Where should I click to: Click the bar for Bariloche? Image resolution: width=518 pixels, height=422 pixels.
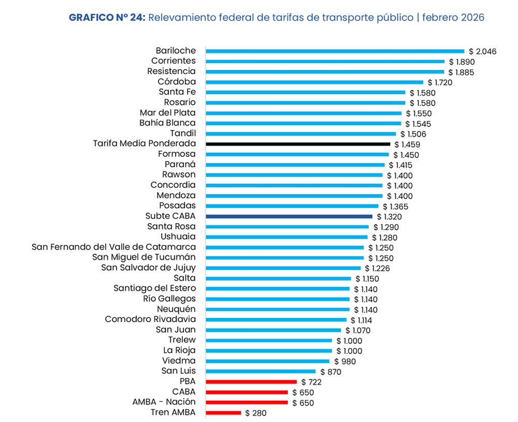(335, 51)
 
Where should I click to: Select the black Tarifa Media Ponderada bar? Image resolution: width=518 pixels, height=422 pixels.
(298, 144)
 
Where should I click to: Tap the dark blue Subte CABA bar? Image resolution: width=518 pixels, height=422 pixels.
(289, 216)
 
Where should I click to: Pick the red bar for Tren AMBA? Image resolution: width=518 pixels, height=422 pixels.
(223, 413)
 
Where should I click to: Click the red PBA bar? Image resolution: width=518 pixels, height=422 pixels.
(251, 382)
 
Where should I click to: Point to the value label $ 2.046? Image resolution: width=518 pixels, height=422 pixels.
(483, 51)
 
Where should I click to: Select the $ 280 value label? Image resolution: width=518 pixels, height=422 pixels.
(256, 413)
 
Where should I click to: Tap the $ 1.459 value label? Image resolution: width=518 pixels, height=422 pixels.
(407, 144)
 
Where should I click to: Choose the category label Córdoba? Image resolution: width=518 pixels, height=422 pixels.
(177, 81)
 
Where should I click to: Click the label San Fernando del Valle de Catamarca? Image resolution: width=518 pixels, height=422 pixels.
(114, 247)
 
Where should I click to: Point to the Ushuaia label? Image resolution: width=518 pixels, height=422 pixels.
(179, 237)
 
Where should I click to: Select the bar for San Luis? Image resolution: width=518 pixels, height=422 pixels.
(261, 371)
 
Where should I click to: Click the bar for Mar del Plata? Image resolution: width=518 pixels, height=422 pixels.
(304, 113)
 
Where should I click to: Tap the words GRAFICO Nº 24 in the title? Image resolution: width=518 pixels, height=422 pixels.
(107, 18)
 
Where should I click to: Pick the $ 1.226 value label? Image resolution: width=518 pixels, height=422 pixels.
(377, 268)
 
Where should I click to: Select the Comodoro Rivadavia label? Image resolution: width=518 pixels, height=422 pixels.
(150, 319)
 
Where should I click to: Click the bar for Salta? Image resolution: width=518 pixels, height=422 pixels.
(278, 279)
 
